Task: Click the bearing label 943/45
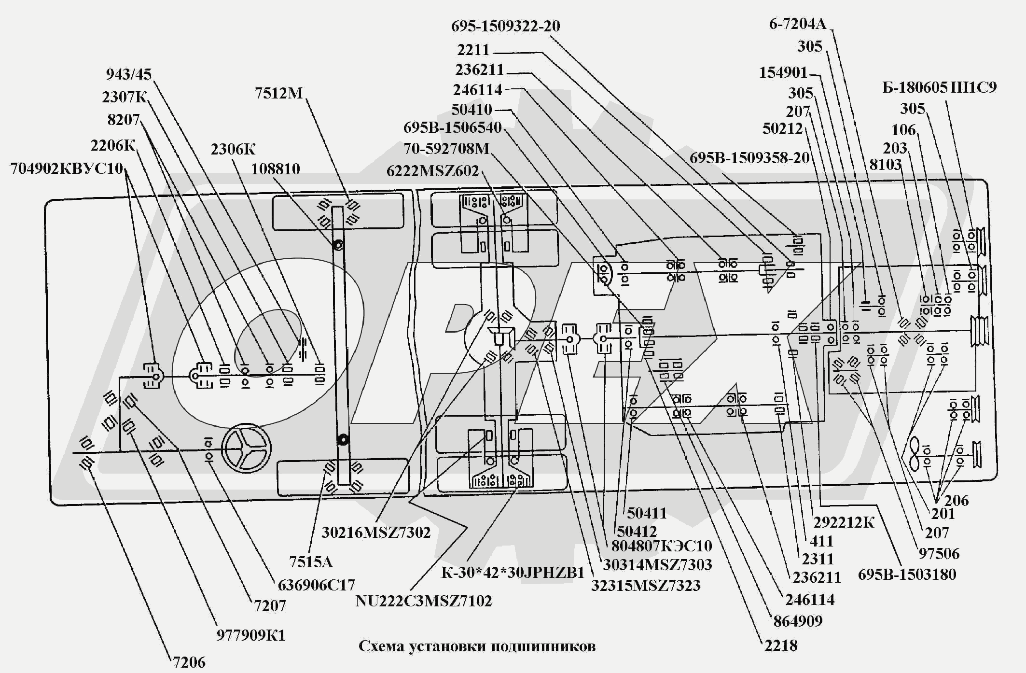pyautogui.click(x=128, y=74)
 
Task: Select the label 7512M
pyautogui.click(x=278, y=93)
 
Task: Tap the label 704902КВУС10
pyautogui.click(x=67, y=169)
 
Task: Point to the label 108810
pyautogui.click(x=275, y=169)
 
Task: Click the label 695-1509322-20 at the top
pyautogui.click(x=505, y=26)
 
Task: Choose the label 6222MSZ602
pyautogui.click(x=432, y=171)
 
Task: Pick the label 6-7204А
pyautogui.click(x=797, y=24)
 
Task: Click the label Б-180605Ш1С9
pyautogui.click(x=939, y=87)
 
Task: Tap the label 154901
pyautogui.click(x=783, y=73)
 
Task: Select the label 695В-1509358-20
pyautogui.click(x=749, y=158)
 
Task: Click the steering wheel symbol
pyautogui.click(x=247, y=449)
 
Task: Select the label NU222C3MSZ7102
pyautogui.click(x=423, y=601)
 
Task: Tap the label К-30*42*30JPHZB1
pyautogui.click(x=513, y=573)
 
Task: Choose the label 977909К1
pyautogui.click(x=250, y=635)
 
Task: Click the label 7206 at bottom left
pyautogui.click(x=189, y=662)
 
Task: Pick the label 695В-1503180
pyautogui.click(x=906, y=575)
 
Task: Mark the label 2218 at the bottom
pyautogui.click(x=780, y=645)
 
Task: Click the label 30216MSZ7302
pyautogui.click(x=375, y=533)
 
